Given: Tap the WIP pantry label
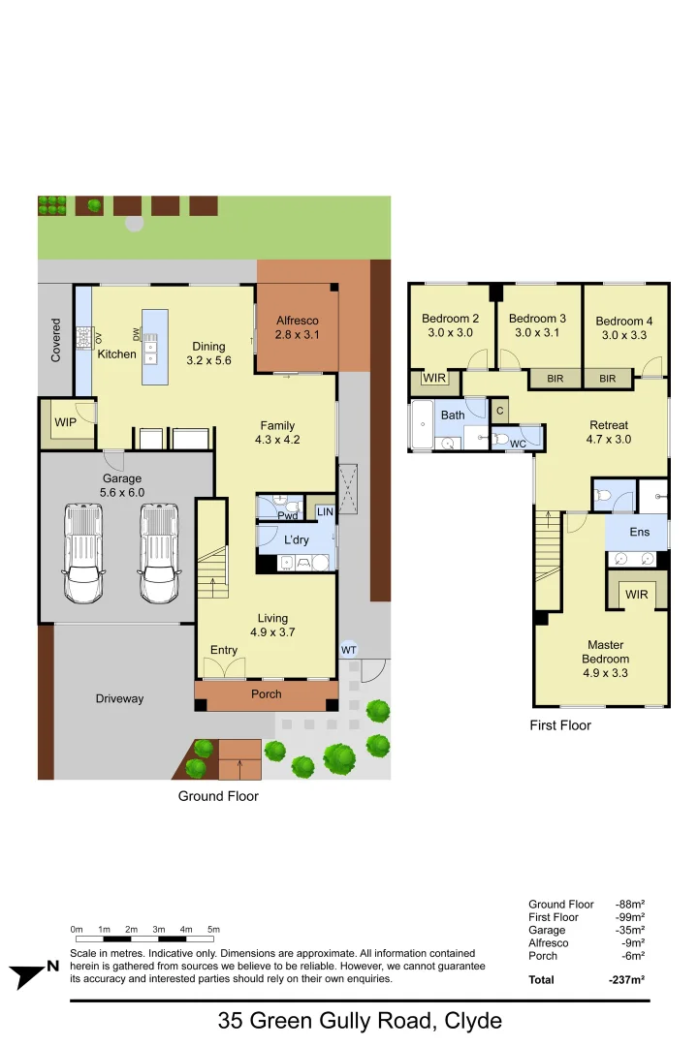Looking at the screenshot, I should tap(65, 423).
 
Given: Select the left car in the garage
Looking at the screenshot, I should tap(83, 554).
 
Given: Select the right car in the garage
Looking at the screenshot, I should tap(160, 554).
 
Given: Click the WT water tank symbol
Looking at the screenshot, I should tap(348, 649).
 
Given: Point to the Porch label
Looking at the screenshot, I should tap(267, 693).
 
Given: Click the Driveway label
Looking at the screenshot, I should tap(119, 698).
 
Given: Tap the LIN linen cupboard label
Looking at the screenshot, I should tap(324, 510).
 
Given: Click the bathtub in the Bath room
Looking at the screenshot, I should tap(422, 426).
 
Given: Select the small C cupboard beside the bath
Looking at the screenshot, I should tap(499, 411).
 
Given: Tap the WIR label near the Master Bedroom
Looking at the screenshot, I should tap(636, 594).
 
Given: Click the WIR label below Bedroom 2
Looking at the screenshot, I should tap(434, 379).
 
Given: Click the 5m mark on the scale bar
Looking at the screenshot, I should tap(213, 930).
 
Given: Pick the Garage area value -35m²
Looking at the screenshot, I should tap(630, 930).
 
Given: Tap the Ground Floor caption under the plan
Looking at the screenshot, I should tap(218, 796).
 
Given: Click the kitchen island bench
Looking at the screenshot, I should tap(154, 347).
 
